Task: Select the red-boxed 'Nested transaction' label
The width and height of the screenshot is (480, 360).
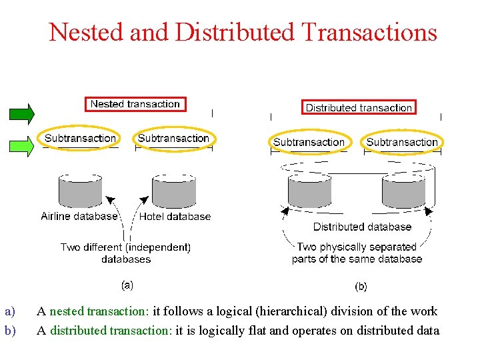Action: [x=135, y=104]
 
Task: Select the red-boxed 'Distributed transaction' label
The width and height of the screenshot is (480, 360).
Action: [x=359, y=107]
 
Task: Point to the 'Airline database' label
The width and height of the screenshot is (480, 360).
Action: [x=79, y=216]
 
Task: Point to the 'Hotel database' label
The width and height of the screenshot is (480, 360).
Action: [x=175, y=216]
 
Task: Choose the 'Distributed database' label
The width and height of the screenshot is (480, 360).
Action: [x=362, y=227]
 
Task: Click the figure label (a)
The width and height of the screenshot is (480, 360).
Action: [x=127, y=284]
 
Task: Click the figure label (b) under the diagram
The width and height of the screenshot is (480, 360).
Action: [x=360, y=287]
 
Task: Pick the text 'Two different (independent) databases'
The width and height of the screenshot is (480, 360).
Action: [x=125, y=253]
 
